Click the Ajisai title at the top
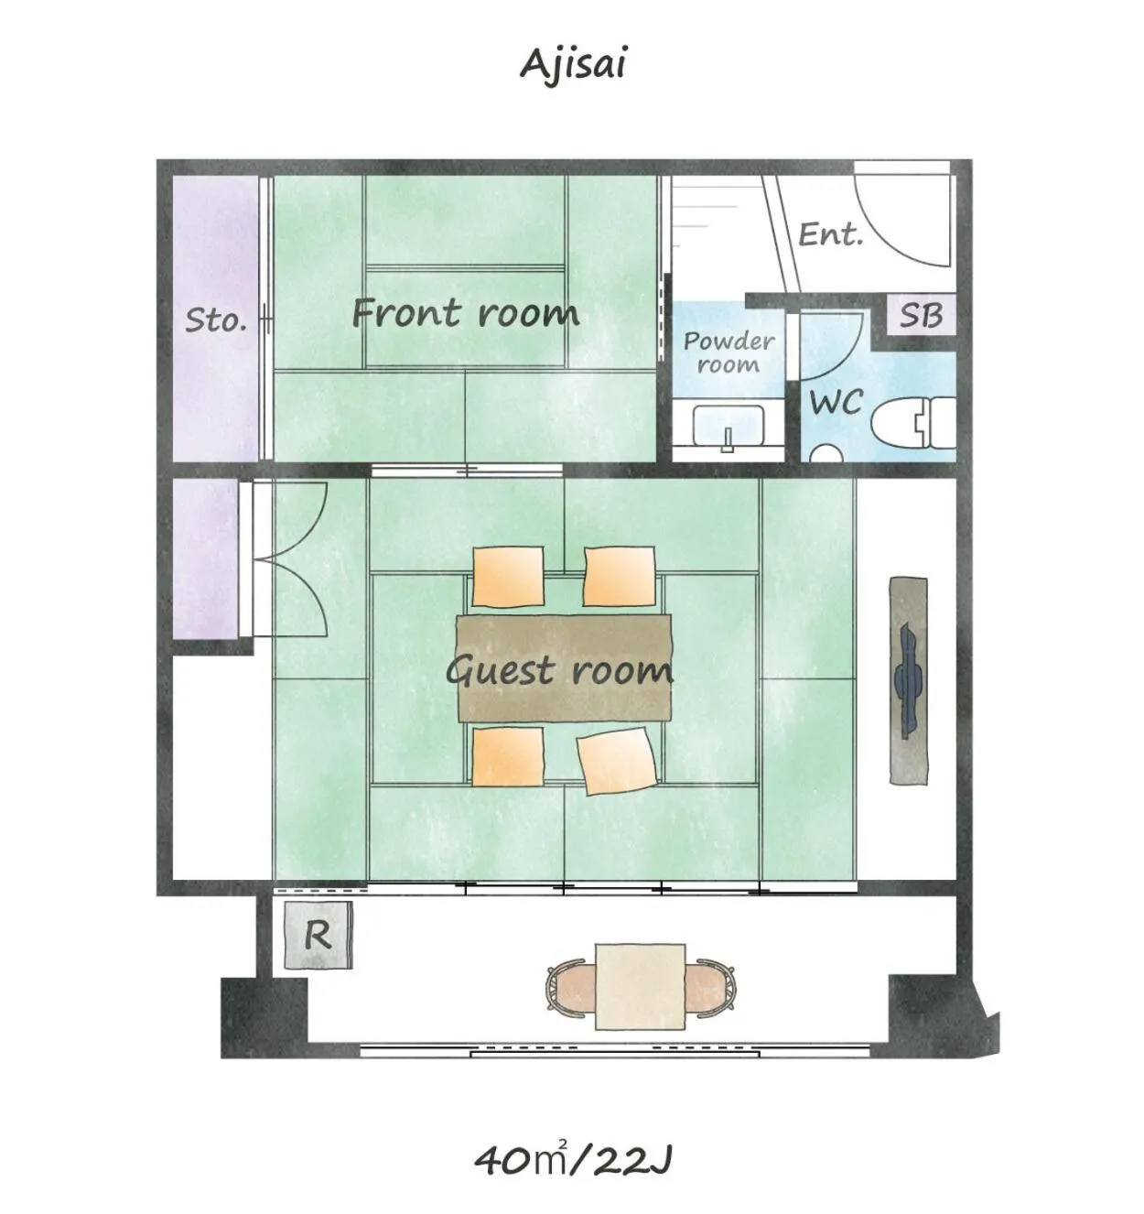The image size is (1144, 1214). (x=573, y=65)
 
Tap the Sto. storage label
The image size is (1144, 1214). (x=216, y=320)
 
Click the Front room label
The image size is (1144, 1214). (x=465, y=313)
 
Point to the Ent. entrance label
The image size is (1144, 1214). (x=830, y=234)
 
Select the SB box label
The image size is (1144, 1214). (x=920, y=315)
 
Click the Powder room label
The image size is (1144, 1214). (x=728, y=352)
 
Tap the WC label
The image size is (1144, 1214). (x=836, y=401)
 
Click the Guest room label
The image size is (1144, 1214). (x=559, y=670)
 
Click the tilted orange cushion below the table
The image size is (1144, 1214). (x=618, y=760)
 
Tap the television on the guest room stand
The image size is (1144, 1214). (x=908, y=680)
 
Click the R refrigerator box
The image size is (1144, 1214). (x=318, y=935)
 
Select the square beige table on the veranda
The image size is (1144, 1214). (x=640, y=987)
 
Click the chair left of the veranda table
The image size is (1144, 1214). (x=570, y=987)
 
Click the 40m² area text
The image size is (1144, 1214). (x=521, y=1159)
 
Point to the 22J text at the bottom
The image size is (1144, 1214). (x=633, y=1161)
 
